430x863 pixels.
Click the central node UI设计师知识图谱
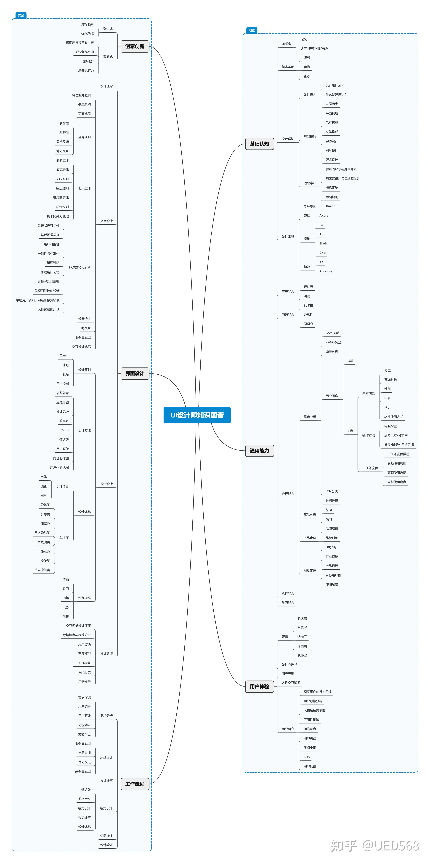tap(197, 415)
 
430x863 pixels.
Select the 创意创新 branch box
tap(135, 46)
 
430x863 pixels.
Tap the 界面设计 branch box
tap(135, 374)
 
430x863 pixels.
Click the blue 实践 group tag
tap(21, 15)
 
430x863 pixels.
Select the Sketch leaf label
tap(324, 244)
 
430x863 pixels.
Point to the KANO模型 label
tap(333, 342)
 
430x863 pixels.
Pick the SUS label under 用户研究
tap(306, 757)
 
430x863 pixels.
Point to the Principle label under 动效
tap(326, 271)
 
